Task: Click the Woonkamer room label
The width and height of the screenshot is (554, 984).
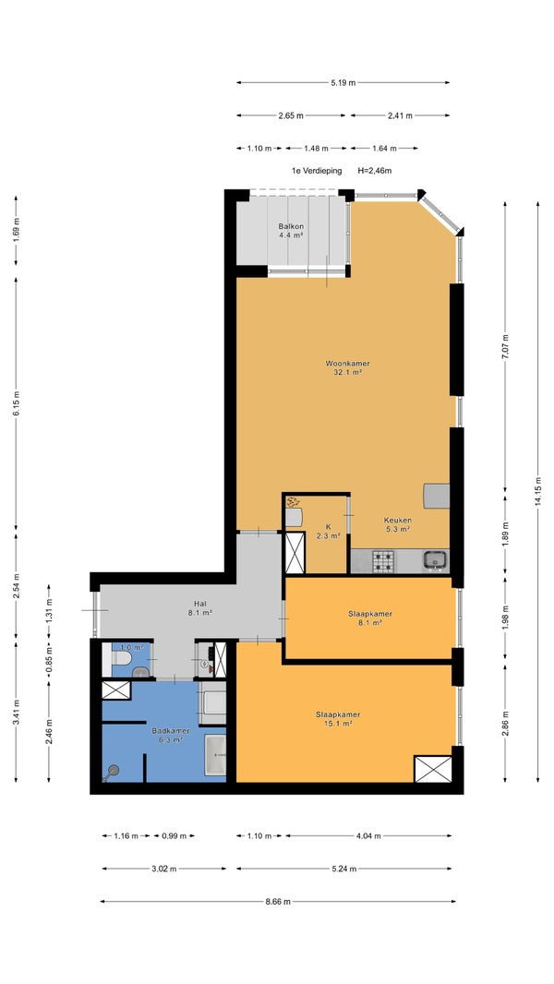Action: point(347,364)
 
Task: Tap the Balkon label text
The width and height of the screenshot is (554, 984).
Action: point(291,226)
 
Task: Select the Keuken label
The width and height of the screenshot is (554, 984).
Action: point(398,521)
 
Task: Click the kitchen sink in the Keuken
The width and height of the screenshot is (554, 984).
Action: point(435,558)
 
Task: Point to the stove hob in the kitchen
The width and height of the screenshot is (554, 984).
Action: point(382,560)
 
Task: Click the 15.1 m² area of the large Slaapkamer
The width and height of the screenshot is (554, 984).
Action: point(338,723)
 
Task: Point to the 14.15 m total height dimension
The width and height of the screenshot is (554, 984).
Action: point(537,491)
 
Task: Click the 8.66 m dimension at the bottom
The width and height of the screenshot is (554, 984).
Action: point(278,902)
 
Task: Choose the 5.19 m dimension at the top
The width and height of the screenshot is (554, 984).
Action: point(343,82)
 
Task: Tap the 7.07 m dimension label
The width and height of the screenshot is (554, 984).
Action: point(505,346)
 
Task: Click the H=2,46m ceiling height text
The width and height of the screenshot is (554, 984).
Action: point(375,170)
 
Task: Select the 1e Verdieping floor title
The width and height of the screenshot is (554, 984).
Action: point(317,170)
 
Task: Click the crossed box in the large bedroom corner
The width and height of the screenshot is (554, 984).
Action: point(433,769)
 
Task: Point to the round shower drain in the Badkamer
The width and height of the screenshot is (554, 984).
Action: point(114,770)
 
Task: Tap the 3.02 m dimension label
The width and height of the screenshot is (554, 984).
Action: point(163,869)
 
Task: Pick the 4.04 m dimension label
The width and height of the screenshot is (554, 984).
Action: point(368,836)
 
